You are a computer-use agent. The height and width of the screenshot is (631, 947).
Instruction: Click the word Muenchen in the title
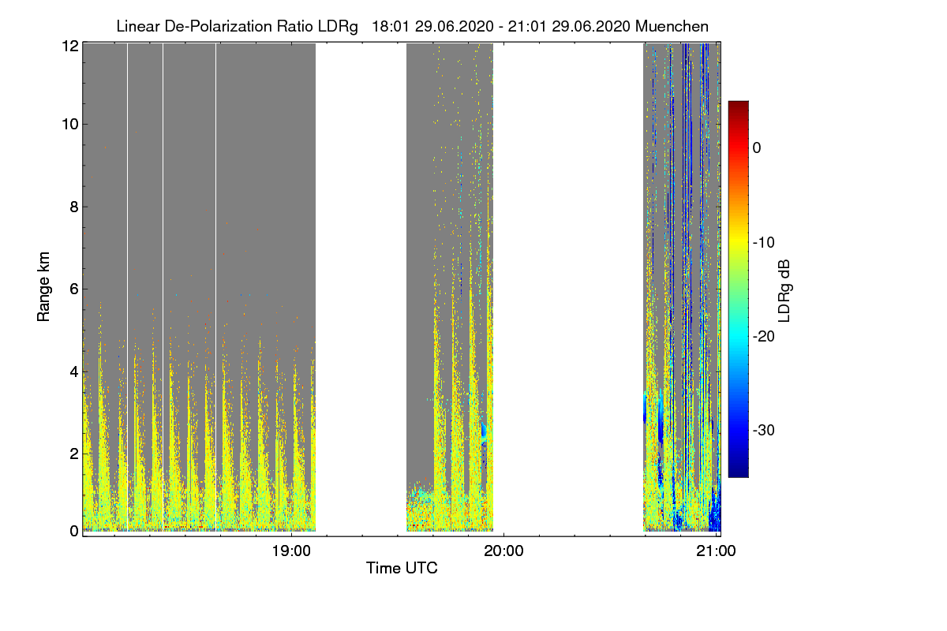672,26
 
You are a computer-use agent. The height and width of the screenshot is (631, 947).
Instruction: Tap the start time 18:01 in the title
390,26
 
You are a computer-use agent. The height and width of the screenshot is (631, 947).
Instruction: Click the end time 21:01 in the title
526,26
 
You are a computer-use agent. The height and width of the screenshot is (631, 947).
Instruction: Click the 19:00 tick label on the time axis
291,551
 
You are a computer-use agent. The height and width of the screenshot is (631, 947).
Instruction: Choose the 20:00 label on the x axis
503,551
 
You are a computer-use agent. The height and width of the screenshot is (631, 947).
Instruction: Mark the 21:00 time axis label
716,551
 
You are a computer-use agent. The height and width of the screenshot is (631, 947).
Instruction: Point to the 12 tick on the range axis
70,46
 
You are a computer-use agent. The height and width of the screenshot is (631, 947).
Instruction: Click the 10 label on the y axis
70,125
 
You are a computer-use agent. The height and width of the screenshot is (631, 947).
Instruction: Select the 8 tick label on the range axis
74,207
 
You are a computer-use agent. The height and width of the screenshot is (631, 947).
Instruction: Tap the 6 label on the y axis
74,289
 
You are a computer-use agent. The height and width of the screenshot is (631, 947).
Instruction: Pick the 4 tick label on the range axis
74,372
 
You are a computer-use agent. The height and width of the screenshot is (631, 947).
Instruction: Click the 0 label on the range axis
74,531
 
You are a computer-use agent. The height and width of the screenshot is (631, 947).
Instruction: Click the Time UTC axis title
402,568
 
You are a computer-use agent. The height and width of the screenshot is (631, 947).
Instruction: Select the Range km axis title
43,286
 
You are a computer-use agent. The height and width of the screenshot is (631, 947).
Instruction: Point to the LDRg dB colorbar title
784,291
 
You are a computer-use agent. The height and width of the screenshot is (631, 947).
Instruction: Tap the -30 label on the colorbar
764,430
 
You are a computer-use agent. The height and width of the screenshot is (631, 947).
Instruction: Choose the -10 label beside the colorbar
764,243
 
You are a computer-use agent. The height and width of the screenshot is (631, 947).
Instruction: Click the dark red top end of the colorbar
738,103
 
